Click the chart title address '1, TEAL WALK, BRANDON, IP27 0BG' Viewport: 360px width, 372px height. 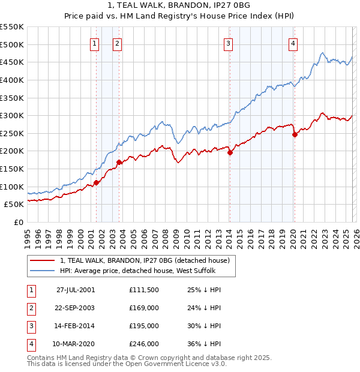click(179, 5)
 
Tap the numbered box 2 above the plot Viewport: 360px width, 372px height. click(117, 43)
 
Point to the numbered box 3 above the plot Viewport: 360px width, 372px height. click(229, 43)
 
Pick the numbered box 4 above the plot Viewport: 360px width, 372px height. click(293, 43)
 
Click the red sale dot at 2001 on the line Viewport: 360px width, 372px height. click(96, 182)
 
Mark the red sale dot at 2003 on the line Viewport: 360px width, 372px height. click(119, 162)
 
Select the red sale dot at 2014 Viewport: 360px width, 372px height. click(230, 152)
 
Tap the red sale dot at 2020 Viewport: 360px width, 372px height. click(295, 135)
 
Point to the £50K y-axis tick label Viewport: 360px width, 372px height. click(14, 205)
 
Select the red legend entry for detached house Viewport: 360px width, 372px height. click(144, 260)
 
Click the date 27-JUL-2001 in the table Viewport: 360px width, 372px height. click(76, 290)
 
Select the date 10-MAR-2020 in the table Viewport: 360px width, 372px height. click(76, 344)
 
